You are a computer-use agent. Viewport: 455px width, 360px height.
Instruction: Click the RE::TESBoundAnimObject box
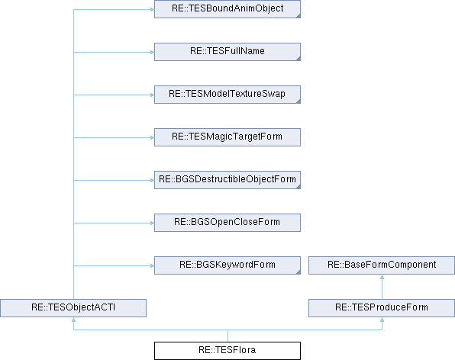[227, 9]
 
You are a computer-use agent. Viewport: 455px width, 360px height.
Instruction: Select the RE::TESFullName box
[227, 52]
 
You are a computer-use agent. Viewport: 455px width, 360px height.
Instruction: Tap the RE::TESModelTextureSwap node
[227, 95]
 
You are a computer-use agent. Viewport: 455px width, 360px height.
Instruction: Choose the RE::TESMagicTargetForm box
[227, 137]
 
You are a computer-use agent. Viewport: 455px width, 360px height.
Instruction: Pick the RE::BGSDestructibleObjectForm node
[227, 180]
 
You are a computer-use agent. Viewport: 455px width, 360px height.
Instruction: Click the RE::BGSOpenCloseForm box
[227, 223]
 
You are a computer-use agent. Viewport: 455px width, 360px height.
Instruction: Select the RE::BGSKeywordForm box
[227, 265]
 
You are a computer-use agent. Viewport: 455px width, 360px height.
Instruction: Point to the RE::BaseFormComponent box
[382, 265]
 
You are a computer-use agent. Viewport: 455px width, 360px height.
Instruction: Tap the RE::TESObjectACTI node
[73, 308]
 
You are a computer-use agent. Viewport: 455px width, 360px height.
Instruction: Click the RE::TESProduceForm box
[382, 308]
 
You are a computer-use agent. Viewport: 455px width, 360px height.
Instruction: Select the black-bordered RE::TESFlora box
[227, 351]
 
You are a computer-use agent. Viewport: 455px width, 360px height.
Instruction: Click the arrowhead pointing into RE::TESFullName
[152, 52]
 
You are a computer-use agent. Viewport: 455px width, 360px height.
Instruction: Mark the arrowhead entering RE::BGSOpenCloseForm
[152, 223]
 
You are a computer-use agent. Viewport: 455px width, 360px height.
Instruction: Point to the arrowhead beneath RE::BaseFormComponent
[382, 277]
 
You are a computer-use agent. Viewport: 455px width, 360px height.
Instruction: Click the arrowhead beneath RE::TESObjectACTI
[74, 320]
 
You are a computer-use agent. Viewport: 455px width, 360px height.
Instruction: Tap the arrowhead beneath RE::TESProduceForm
[382, 320]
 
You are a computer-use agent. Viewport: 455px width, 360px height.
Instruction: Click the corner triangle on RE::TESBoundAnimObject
[298, 16]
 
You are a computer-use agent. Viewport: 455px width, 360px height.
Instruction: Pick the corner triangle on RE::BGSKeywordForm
[298, 272]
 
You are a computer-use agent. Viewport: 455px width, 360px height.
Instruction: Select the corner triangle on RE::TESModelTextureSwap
[298, 101]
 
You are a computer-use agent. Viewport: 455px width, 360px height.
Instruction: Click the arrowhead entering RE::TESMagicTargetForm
[152, 137]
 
